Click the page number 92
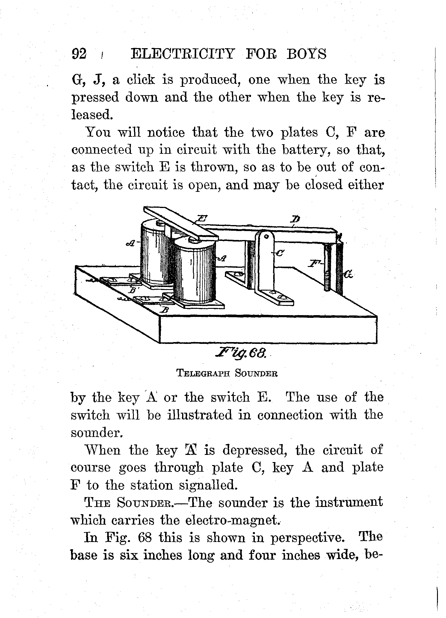coord(79,54)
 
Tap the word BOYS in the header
coord(306,54)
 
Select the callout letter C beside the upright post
coord(279,253)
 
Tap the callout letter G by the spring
coord(348,274)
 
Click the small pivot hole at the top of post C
coord(266,236)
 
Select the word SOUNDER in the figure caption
coord(256,373)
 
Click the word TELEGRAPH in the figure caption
coord(203,373)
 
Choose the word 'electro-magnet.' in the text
coord(233,520)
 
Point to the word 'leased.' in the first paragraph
coord(92,115)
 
